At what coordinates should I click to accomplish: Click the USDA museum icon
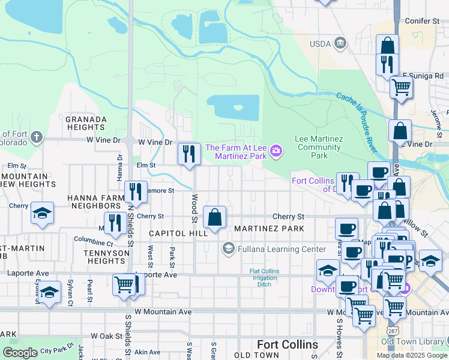tap(340, 43)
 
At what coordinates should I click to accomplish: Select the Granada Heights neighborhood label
tap(86, 123)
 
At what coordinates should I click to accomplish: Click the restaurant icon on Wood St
tap(189, 154)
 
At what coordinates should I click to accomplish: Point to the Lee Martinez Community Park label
tap(319, 147)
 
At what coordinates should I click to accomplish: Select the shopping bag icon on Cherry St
tap(214, 217)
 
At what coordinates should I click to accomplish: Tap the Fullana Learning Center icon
tap(228, 248)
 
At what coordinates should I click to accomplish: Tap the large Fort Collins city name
tap(288, 344)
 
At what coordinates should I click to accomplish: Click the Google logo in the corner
tap(20, 353)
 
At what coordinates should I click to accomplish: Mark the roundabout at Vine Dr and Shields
tap(130, 140)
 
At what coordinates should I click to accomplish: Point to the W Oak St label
tap(106, 337)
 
